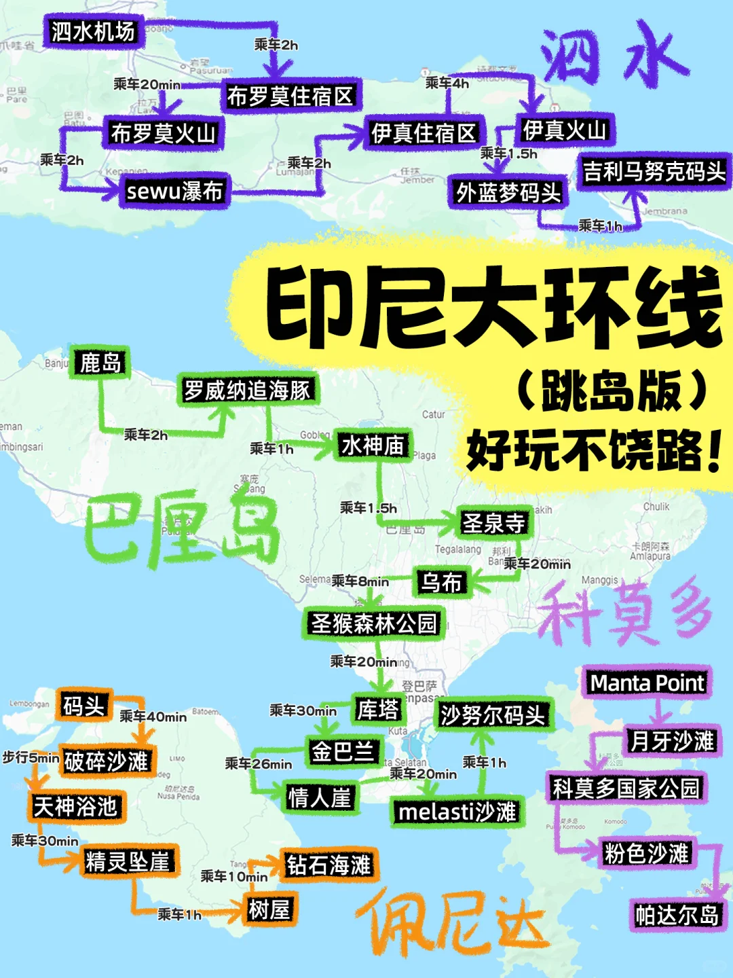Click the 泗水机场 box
pos(94,31)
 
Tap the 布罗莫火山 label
pos(163,133)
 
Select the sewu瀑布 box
pos(174,192)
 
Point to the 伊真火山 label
pos(565,130)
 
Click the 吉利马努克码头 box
pos(654,172)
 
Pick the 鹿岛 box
pos(100,363)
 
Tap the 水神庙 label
pos(373,446)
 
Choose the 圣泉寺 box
pos(493,523)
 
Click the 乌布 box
pos(441,582)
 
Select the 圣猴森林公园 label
pos(374,623)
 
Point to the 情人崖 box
pos(320,797)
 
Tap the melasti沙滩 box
pos(457,812)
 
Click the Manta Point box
pos(647,683)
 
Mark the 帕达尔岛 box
pos(677,915)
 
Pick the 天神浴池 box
pos(75,807)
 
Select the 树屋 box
pos(269,909)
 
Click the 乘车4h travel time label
pos(447,84)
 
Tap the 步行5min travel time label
pos(31,757)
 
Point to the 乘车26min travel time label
pos(259,764)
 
